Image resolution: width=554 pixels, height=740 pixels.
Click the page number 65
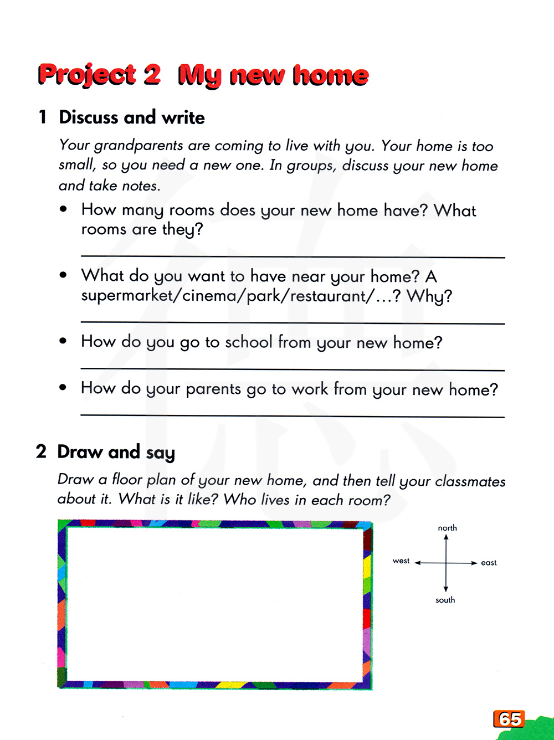[x=509, y=719]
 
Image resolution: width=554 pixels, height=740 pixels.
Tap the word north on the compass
[x=447, y=528]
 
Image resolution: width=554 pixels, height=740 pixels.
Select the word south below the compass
[x=445, y=600]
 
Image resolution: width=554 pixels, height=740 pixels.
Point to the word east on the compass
[x=489, y=563]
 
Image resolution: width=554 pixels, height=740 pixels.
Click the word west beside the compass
[x=401, y=561]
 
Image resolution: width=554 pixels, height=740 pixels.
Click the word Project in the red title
[x=87, y=75]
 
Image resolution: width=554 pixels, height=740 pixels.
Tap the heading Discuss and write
[x=132, y=117]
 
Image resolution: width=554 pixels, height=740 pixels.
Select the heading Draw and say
[x=116, y=453]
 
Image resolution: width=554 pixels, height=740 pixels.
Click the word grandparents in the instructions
[x=138, y=146]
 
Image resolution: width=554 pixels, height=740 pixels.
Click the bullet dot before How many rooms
[x=64, y=209]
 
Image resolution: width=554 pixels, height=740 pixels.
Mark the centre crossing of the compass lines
[x=446, y=563]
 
